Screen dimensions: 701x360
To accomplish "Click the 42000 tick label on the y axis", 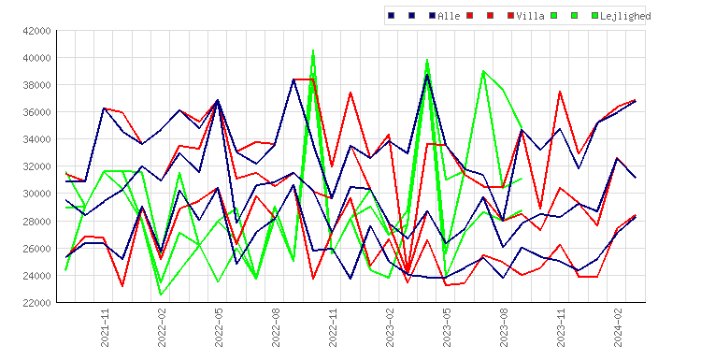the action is pos(36,31).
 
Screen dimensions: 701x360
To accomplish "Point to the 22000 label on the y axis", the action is pos(36,303).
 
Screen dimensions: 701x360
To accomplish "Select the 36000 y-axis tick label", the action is pos(36,112).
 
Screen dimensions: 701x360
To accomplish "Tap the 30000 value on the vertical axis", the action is pos(36,194).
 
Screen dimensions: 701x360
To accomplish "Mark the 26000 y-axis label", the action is pos(36,248).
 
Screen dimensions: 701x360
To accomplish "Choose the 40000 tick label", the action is pos(36,58).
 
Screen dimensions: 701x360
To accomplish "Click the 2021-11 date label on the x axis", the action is pos(105,327).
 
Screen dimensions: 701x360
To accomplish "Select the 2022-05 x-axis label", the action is pos(219,327).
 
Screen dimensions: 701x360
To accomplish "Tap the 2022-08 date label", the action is pos(276,327).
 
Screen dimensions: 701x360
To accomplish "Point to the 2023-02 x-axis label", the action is pos(390,327).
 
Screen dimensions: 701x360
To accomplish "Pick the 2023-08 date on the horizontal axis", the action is pos(504,327).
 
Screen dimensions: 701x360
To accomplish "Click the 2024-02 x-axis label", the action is pos(618,327).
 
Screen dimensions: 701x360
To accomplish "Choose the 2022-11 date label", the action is pos(333,327).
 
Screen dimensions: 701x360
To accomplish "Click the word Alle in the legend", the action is pos(449,16).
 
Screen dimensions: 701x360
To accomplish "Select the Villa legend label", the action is pos(530,16).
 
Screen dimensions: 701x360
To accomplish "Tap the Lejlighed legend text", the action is pos(625,16).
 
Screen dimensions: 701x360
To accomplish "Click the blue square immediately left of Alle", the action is pos(432,16).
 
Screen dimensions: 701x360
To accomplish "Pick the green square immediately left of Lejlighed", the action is pos(594,16).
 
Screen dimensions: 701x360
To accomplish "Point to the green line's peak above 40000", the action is pos(313,50).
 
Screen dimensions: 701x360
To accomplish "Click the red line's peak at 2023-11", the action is pos(559,92).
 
